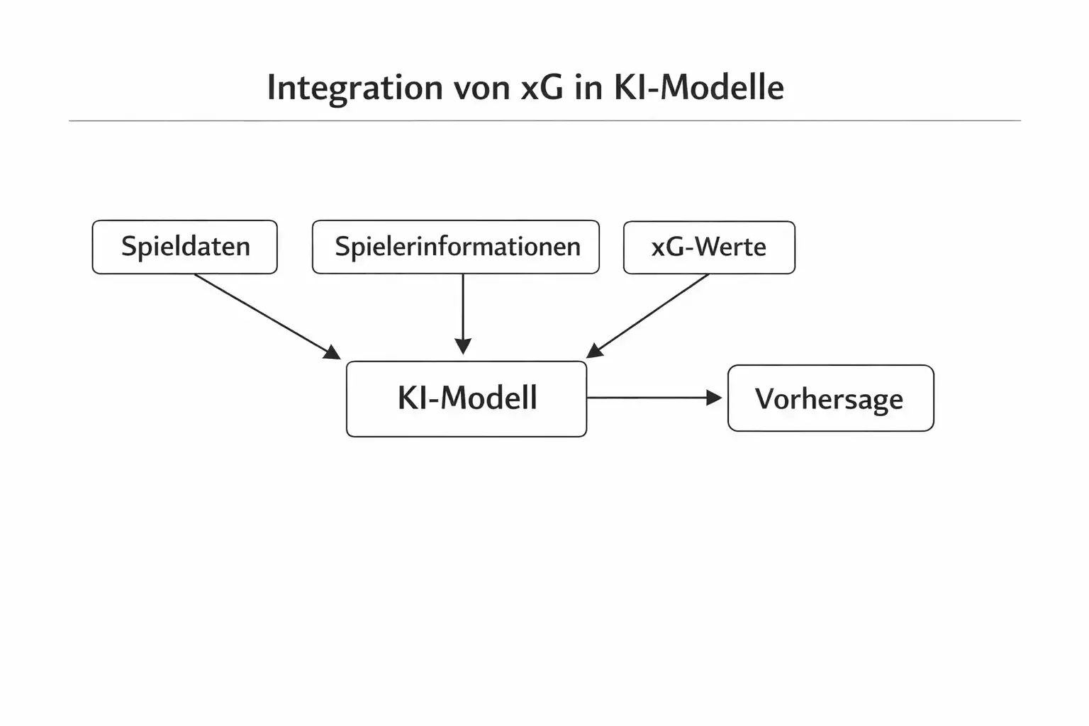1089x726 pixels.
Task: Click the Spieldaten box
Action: [x=184, y=247]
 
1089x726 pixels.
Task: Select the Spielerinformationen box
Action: [x=456, y=247]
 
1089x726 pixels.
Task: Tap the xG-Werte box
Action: [x=709, y=247]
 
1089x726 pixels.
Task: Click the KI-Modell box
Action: [x=467, y=398]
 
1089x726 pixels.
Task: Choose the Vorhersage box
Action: [x=830, y=398]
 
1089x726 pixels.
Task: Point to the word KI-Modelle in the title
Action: [x=698, y=88]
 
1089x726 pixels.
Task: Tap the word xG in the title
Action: [x=542, y=88]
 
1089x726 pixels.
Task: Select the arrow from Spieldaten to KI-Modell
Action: [x=262, y=314]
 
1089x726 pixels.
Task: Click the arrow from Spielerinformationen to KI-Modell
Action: [x=463, y=308]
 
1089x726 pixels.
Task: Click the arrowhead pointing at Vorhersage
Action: [x=715, y=398]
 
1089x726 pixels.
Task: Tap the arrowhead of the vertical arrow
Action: [x=463, y=347]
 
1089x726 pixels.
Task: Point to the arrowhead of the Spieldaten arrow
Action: [x=333, y=352]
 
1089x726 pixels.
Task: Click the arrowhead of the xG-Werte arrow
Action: [x=595, y=351]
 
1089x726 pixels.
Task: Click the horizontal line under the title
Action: [x=544, y=121]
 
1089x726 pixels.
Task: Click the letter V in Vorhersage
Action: [x=764, y=398]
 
